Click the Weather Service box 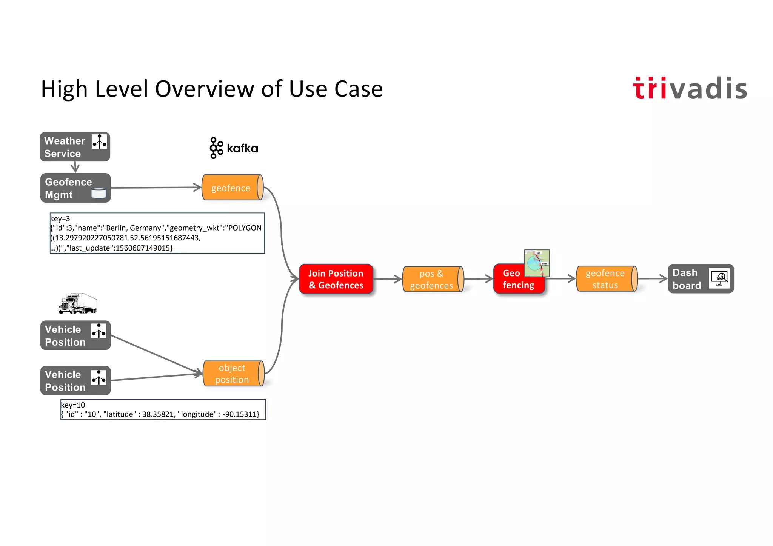pos(75,147)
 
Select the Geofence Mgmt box pos(75,188)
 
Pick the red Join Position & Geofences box pos(336,279)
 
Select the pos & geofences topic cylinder pos(433,279)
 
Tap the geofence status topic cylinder pos(606,279)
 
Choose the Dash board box pos(700,279)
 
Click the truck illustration pos(78,303)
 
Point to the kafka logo pos(234,148)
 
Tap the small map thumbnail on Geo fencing pos(537,263)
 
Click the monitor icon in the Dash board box pos(719,278)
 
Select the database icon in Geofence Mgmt pos(99,193)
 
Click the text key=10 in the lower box pos(73,405)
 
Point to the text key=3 pos(60,218)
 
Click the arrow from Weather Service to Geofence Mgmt pos(75,167)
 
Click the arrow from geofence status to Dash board pos(652,279)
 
